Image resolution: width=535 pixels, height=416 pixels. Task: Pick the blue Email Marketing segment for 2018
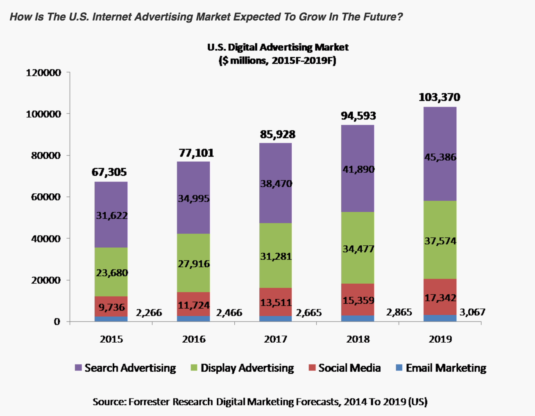point(358,318)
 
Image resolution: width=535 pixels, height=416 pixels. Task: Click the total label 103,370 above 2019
point(440,97)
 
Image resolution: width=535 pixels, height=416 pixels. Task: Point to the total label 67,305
point(109,172)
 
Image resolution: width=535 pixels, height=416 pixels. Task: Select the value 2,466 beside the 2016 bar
point(229,313)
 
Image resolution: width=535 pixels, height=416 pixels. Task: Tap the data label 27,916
point(194,264)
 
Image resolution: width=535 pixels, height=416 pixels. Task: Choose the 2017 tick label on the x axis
point(276,339)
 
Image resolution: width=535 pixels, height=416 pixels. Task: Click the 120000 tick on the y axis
point(43,73)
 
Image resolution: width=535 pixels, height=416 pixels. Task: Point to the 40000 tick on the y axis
point(45,239)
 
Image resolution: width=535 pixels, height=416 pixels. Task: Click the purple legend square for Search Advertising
point(78,368)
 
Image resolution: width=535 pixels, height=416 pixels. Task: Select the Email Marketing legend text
point(446,368)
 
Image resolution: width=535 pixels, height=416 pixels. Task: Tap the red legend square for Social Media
point(312,368)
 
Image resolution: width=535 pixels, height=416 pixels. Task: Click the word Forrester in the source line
point(149,402)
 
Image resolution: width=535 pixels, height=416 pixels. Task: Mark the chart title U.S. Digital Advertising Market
point(278,47)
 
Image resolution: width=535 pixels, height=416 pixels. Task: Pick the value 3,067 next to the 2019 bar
point(472,312)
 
